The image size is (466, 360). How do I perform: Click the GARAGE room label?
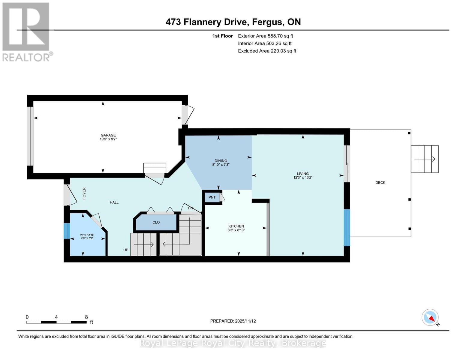click(x=108, y=135)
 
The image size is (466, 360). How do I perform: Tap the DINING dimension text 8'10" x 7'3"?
click(x=221, y=165)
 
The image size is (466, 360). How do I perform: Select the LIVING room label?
click(x=303, y=173)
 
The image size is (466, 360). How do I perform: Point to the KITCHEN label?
click(x=236, y=226)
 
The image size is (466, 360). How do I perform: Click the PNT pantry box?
click(x=212, y=197)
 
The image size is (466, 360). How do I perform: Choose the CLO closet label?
click(x=156, y=222)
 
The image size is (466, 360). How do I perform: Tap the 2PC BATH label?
click(x=87, y=235)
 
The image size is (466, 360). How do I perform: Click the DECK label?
click(x=380, y=182)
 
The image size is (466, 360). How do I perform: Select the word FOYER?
click(x=84, y=193)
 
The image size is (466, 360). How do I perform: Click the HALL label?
click(x=114, y=202)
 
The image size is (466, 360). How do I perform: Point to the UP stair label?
click(x=126, y=250)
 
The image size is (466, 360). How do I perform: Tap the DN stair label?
click(x=191, y=208)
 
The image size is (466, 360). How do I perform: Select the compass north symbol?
click(x=430, y=317)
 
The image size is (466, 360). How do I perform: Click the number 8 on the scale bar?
click(x=86, y=317)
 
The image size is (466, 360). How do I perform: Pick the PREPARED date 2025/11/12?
click(x=245, y=321)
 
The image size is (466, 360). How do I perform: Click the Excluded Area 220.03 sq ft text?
click(x=267, y=51)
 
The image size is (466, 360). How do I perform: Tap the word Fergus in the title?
click(x=267, y=22)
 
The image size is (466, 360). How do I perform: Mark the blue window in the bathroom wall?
click(x=67, y=231)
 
